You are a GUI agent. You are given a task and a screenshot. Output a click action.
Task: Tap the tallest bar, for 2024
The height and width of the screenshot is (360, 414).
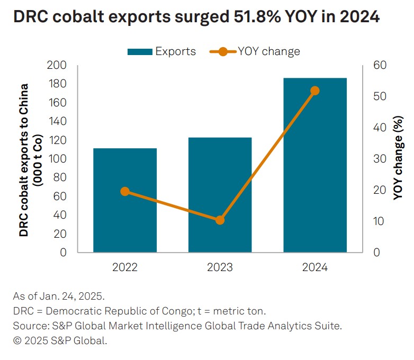point(315,165)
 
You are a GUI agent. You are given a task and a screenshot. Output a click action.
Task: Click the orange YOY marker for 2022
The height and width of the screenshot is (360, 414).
point(125,192)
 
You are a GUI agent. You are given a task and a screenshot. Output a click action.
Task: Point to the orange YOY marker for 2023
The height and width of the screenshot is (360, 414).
point(220,220)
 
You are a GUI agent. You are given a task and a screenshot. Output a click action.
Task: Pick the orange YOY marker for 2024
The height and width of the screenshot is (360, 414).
point(315,91)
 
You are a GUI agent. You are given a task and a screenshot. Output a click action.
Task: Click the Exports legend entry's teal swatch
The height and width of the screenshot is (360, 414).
point(140,52)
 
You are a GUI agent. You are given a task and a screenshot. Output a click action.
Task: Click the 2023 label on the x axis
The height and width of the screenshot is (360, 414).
point(220,267)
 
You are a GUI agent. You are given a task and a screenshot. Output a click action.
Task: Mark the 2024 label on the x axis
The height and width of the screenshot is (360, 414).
point(315,267)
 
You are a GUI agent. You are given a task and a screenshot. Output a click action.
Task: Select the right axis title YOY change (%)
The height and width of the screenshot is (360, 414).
point(398,159)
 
